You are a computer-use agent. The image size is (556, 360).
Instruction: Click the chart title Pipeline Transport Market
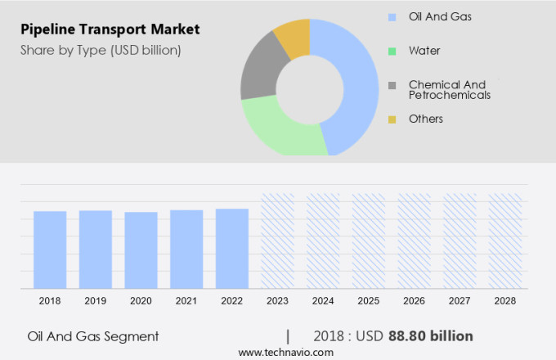[x=110, y=29]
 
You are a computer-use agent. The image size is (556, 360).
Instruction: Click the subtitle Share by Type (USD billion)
[x=101, y=50]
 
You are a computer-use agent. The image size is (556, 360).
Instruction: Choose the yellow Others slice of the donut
[x=294, y=37]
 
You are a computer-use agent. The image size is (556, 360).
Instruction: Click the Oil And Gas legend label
[x=440, y=16]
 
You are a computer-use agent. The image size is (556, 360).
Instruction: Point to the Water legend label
[x=424, y=51]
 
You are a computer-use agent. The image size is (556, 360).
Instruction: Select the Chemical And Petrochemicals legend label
[x=449, y=90]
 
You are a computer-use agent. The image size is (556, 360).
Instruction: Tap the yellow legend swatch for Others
[x=392, y=119]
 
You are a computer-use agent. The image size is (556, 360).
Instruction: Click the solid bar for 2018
[x=50, y=250]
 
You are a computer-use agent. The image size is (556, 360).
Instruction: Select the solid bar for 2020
[x=141, y=250]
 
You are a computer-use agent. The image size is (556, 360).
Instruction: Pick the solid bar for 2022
[x=232, y=248]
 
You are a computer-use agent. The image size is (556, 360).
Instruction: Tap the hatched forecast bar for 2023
[x=278, y=241]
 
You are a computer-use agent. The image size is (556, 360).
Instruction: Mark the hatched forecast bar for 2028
[x=505, y=241]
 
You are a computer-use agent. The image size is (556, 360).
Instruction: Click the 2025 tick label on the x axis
[x=369, y=301]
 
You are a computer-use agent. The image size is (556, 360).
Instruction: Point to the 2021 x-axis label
[x=186, y=301]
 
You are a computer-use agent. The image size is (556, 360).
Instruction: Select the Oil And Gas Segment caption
[x=93, y=336]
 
